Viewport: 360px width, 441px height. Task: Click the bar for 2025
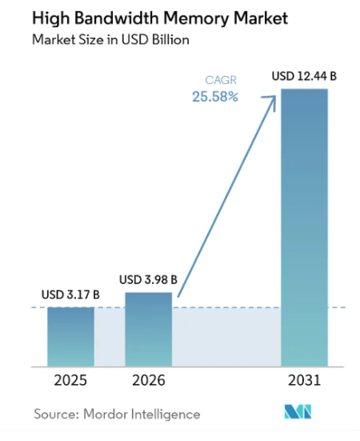(x=70, y=337)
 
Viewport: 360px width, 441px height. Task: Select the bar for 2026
(x=148, y=329)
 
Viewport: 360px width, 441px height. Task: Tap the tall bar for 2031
(x=304, y=227)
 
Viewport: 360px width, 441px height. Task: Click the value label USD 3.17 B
(x=70, y=295)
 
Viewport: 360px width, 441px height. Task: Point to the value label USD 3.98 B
(x=148, y=279)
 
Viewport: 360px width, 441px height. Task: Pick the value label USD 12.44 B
(x=304, y=76)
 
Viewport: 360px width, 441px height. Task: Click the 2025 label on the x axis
(x=70, y=380)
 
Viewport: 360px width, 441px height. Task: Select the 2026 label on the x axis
(x=149, y=380)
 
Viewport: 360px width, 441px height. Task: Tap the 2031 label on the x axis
(x=304, y=380)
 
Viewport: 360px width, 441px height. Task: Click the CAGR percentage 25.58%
(x=215, y=97)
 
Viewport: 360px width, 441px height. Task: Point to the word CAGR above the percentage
(x=221, y=80)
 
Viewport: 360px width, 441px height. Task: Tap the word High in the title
(x=51, y=18)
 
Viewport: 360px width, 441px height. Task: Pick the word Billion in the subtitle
(x=170, y=40)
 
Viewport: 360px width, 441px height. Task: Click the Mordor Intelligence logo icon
(x=298, y=411)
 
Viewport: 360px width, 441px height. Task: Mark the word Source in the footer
(x=56, y=415)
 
